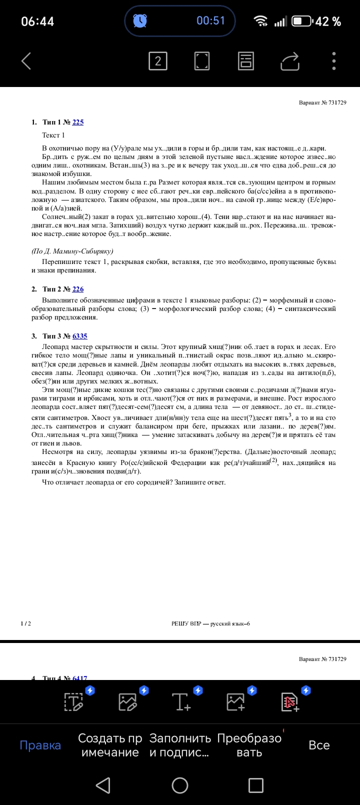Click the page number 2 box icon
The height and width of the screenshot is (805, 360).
(158, 61)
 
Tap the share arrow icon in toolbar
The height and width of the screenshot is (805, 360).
(289, 61)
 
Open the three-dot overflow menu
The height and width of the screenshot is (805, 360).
(334, 61)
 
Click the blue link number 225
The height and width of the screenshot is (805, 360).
(78, 122)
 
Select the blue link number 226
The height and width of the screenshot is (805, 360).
(78, 289)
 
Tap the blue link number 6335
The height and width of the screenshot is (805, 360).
(80, 336)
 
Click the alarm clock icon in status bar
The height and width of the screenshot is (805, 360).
(140, 20)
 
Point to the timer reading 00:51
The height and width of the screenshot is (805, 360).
(210, 20)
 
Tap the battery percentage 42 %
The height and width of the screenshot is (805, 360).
(328, 21)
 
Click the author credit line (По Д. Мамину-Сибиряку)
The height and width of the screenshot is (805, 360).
(72, 251)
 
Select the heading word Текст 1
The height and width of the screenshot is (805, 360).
(53, 135)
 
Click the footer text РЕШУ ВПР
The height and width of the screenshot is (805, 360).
(186, 623)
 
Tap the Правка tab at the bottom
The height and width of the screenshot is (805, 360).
(40, 745)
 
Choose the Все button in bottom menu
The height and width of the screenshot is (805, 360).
(319, 745)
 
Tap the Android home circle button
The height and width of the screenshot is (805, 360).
(180, 785)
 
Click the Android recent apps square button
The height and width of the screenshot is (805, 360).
(256, 785)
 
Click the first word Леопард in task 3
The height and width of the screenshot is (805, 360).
(55, 346)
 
